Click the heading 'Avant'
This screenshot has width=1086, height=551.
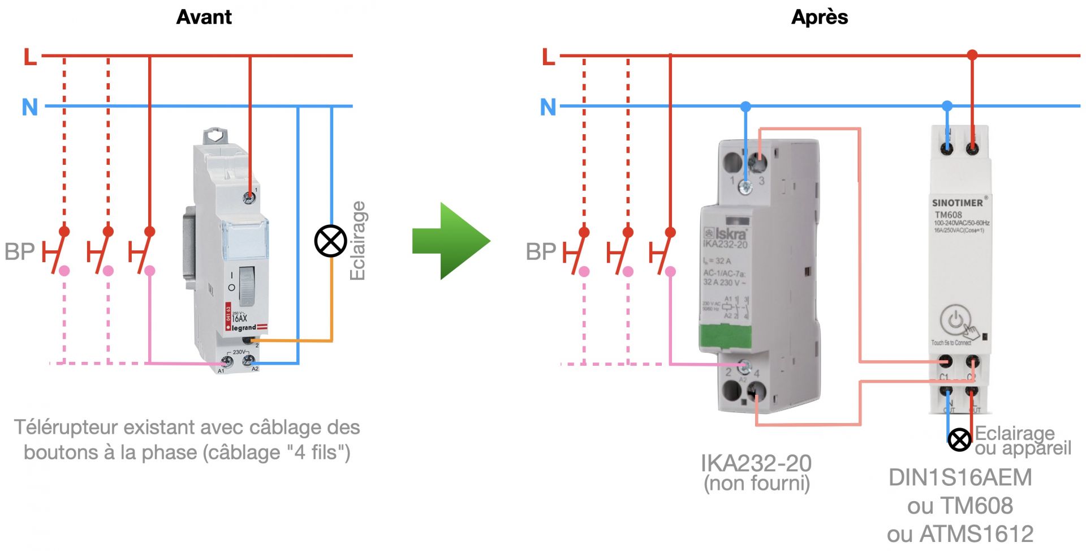pyautogui.click(x=204, y=17)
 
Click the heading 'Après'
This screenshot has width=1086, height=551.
pyautogui.click(x=820, y=17)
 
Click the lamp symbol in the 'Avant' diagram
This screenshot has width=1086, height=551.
pyautogui.click(x=330, y=241)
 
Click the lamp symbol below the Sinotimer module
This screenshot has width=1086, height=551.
pyautogui.click(x=959, y=439)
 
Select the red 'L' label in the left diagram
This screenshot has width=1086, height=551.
pyautogui.click(x=30, y=57)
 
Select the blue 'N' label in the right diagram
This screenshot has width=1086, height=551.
pyautogui.click(x=548, y=107)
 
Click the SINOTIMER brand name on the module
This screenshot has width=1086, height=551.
pyautogui.click(x=957, y=203)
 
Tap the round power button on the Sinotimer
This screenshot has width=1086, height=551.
pyautogui.click(x=955, y=321)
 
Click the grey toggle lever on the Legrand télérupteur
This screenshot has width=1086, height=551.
pyautogui.click(x=247, y=284)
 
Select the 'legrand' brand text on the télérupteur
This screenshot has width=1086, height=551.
pyautogui.click(x=244, y=328)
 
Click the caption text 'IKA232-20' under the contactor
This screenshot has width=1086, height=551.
pyautogui.click(x=756, y=463)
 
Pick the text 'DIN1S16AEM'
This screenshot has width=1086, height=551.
pyautogui.click(x=960, y=477)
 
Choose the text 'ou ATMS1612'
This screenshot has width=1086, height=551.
pyautogui.click(x=960, y=534)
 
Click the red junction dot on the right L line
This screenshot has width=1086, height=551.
pyautogui.click(x=972, y=55)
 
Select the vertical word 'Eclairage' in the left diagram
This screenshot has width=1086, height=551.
pyautogui.click(x=357, y=241)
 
